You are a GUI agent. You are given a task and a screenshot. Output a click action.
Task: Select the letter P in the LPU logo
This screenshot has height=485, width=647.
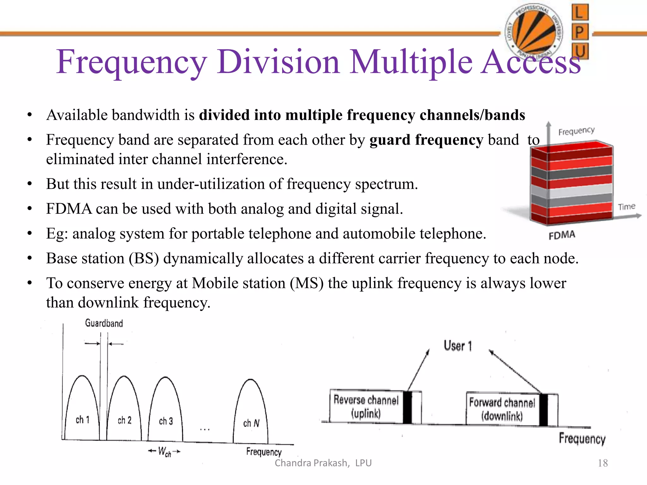pos(580,32)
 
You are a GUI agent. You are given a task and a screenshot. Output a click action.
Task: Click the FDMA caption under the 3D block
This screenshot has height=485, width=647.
pos(562,235)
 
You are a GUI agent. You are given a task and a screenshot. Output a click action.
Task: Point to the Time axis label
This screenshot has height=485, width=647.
pos(626,207)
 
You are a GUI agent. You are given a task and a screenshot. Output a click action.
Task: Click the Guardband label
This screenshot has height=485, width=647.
pos(104,323)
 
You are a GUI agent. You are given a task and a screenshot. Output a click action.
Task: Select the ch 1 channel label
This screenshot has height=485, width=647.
pos(82,420)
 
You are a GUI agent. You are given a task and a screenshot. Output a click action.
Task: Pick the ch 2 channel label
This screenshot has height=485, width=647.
pos(124,420)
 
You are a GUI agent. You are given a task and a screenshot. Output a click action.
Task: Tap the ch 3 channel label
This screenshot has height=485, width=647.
pos(166,421)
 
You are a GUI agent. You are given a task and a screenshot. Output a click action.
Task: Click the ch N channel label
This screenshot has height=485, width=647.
pos(251,423)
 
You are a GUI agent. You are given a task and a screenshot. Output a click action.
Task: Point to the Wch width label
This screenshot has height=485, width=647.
pos(164,452)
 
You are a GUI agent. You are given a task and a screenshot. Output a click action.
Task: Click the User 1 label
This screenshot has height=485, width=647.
pos(458,346)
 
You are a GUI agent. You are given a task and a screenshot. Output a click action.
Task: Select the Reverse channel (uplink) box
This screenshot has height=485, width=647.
pos(366,407)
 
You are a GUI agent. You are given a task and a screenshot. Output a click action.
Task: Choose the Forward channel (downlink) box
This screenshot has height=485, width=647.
pos(502,409)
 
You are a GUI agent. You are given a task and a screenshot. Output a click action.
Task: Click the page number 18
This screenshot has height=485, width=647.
pos(603,463)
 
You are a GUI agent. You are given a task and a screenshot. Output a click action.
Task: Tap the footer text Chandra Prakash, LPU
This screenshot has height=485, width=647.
pos(323,463)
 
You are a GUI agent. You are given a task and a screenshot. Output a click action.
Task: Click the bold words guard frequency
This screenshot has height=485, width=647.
pos(426,140)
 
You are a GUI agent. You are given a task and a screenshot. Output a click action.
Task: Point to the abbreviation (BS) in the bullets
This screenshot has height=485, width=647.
pos(144,258)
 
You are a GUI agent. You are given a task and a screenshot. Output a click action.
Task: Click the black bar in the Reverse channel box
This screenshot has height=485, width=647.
pos(408,407)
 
